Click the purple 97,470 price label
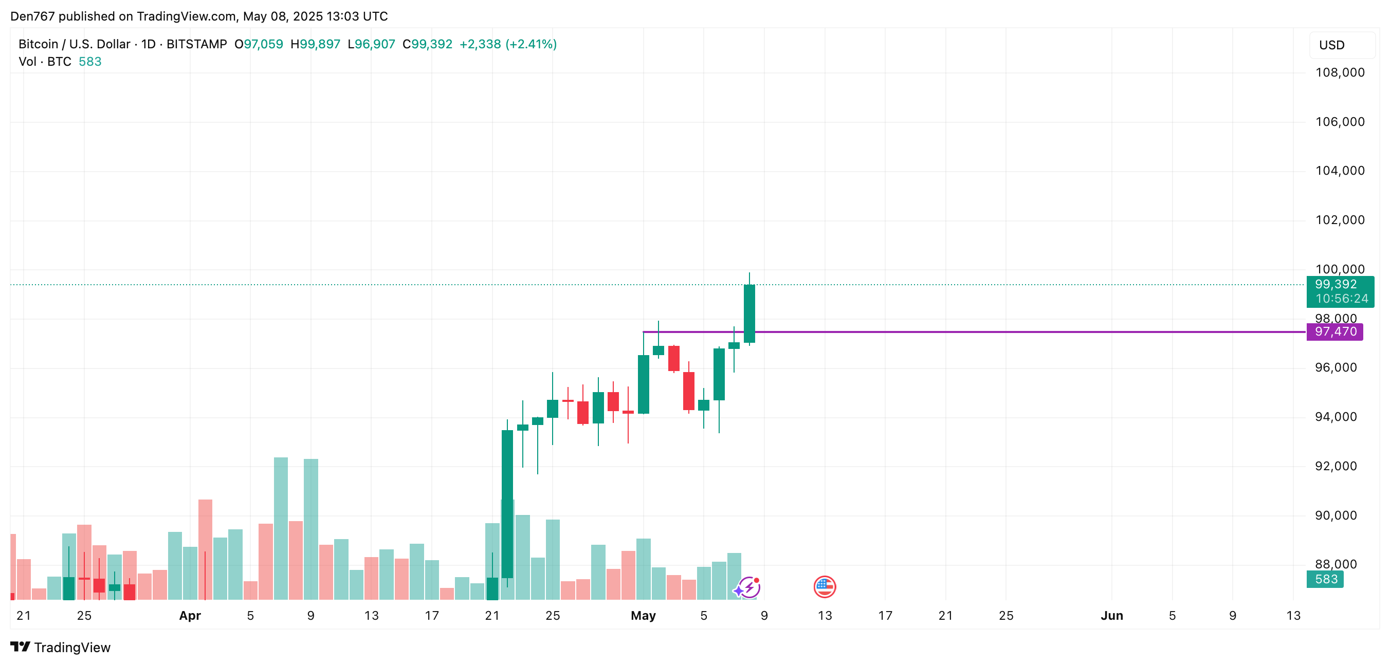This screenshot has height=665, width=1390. [x=1334, y=331]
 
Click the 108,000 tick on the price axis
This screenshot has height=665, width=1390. [x=1339, y=73]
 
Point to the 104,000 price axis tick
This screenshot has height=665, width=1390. [x=1339, y=171]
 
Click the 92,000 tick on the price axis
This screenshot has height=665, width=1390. [x=1336, y=466]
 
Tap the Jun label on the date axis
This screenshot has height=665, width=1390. [x=1111, y=615]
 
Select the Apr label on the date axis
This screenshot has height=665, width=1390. [x=190, y=615]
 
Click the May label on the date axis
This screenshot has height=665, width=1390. [x=643, y=615]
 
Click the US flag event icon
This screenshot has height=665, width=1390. [x=825, y=587]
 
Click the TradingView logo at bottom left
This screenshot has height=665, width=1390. [x=61, y=647]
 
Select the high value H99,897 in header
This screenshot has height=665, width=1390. [x=315, y=44]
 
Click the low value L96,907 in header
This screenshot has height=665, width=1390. [x=371, y=44]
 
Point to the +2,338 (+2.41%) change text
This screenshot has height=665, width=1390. [x=508, y=44]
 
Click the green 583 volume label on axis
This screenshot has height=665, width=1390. [x=1325, y=579]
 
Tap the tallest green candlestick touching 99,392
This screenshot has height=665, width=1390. [x=749, y=313]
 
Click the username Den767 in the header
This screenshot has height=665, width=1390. [x=32, y=16]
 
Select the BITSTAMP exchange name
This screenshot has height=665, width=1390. [x=196, y=44]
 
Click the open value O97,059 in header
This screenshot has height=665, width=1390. [x=259, y=44]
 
